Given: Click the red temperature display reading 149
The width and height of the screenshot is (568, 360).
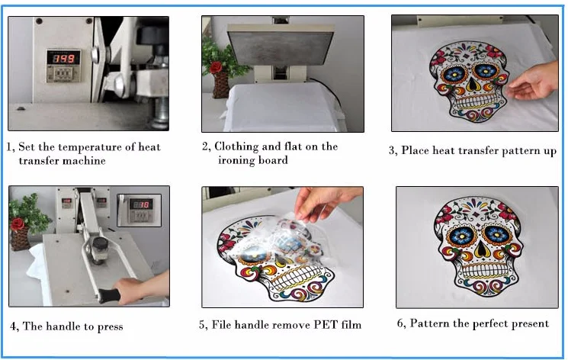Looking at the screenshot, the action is [x=64, y=59].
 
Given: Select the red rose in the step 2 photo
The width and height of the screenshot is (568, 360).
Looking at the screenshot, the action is [x=216, y=67].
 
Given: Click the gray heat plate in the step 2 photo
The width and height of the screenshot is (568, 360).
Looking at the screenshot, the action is [x=281, y=47].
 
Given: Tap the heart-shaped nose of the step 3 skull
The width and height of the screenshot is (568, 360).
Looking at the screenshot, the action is [x=472, y=85].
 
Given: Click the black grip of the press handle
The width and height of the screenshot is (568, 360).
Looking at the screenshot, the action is [x=109, y=295].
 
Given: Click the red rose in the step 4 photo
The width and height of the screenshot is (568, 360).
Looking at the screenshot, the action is [x=17, y=224].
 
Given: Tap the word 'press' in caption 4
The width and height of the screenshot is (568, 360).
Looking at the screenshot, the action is [x=110, y=327].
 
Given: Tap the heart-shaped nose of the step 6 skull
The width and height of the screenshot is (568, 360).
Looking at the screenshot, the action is [x=481, y=248].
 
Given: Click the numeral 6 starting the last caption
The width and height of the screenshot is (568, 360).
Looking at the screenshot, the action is [x=400, y=323].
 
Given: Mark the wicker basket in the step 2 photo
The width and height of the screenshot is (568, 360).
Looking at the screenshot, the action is [x=220, y=85].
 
